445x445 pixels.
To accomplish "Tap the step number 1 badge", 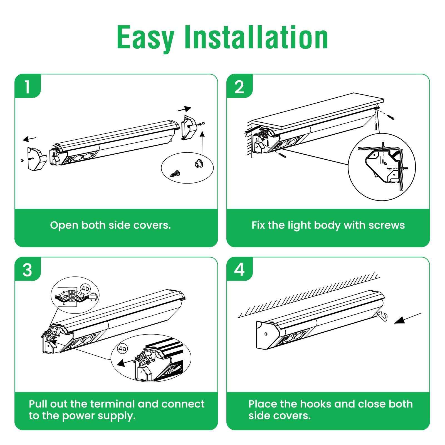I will pos(27,87).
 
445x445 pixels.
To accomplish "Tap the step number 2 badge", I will pos(239,87).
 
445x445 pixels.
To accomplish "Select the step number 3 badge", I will pos(27,270).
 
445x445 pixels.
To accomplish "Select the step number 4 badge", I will pos(239,270).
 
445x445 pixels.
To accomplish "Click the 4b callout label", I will pos(85,288).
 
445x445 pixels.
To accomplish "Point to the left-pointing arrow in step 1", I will pos(29,139).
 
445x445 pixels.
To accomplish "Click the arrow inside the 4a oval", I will pos(124,362).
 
